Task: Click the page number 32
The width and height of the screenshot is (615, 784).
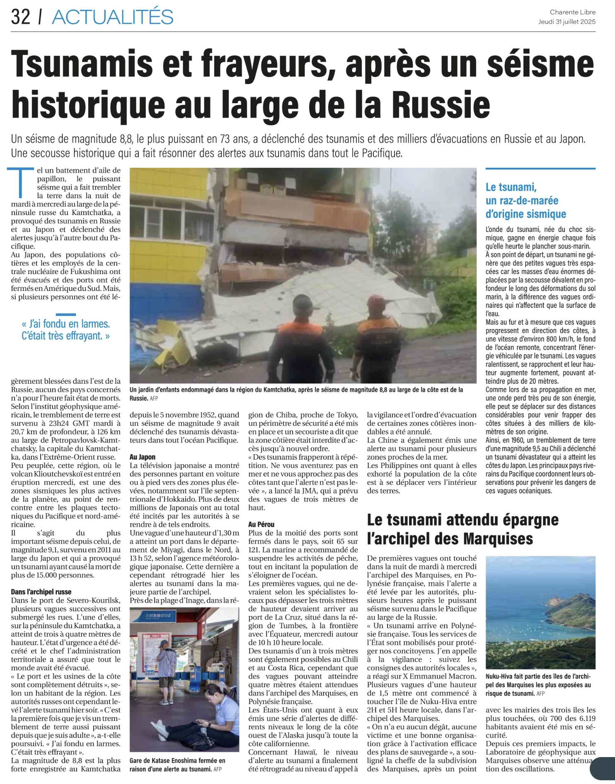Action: [20, 17]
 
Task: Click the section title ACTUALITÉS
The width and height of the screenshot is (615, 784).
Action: [113, 17]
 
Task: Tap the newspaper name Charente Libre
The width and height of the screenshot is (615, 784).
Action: [572, 12]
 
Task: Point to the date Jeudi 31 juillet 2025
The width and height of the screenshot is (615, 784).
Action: [567, 22]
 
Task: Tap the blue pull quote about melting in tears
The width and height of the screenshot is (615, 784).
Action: [65, 330]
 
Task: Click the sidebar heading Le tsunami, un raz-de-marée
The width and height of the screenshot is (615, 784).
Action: [526, 201]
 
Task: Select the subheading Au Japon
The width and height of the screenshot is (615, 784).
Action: [143, 457]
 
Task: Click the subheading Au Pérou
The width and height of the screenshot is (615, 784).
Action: [261, 524]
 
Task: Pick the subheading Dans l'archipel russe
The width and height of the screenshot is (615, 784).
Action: [41, 592]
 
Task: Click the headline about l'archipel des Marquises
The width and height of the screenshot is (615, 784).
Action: [462, 529]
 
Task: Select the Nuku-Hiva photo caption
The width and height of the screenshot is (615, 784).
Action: [539, 685]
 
